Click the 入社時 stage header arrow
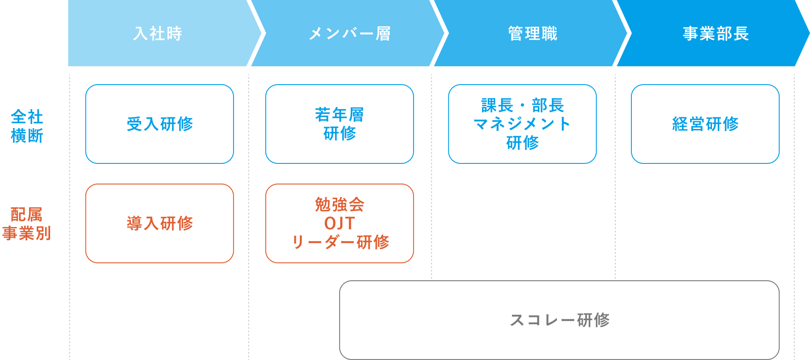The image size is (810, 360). click(x=158, y=34)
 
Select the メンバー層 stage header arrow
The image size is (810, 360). click(x=350, y=34)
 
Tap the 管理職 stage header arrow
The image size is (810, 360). click(x=533, y=34)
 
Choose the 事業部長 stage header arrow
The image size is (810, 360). click(x=715, y=34)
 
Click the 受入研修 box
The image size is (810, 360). click(x=160, y=124)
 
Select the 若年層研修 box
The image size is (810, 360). click(x=339, y=124)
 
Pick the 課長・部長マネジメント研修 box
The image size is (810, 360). click(x=522, y=124)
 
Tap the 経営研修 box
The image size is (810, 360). click(x=705, y=124)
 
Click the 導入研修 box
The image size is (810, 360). click(x=160, y=223)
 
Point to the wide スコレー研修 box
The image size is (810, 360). click(x=559, y=320)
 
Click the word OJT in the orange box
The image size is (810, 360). click(x=339, y=223)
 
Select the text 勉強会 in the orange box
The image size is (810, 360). click(x=339, y=205)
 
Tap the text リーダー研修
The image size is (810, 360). click(x=340, y=242)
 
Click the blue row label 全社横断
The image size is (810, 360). click(x=27, y=126)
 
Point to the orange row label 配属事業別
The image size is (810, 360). click(x=27, y=224)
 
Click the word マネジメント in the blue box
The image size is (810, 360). click(x=522, y=124)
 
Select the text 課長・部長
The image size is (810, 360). click(x=522, y=106)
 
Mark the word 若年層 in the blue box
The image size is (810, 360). click(x=339, y=115)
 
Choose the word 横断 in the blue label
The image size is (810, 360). click(x=27, y=136)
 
